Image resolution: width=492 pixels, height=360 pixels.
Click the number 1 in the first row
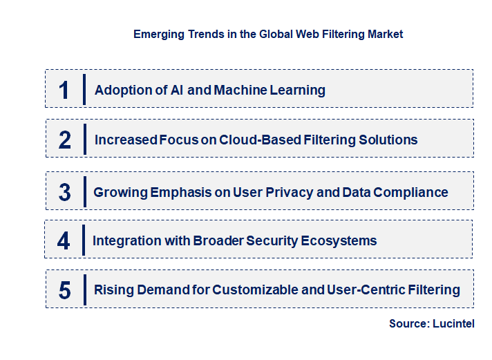click(64, 90)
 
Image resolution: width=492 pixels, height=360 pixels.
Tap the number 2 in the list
click(65, 140)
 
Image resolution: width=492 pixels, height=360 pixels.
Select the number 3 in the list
click(65, 192)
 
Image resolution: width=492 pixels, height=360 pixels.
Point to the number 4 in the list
click(64, 240)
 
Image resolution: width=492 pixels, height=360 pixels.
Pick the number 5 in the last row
click(65, 290)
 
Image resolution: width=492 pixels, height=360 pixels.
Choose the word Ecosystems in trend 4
click(334, 240)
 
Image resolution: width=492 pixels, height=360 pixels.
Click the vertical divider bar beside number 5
click(84, 288)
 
